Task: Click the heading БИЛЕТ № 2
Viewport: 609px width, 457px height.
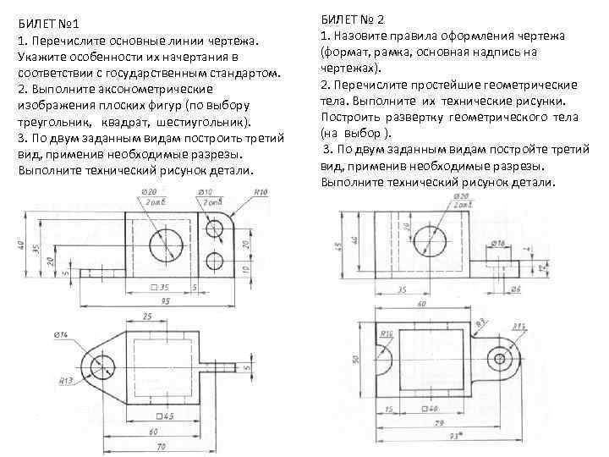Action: [354, 19]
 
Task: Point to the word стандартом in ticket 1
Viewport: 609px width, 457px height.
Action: [244, 73]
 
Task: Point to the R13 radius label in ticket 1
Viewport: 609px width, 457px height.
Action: [63, 382]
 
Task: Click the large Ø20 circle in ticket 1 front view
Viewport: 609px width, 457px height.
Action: [167, 245]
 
